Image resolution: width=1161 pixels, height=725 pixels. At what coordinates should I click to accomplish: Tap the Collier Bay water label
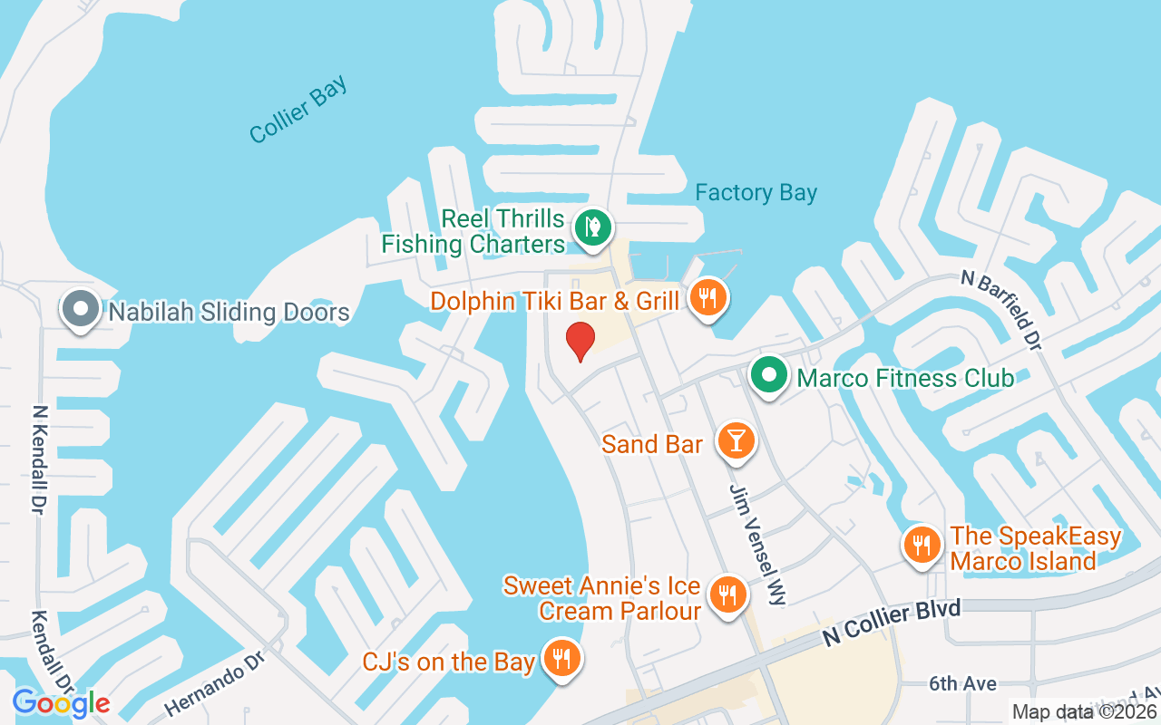tap(298, 111)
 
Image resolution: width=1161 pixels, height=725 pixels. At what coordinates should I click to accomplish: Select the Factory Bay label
tap(756, 193)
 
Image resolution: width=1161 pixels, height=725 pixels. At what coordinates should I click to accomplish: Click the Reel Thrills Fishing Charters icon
tap(593, 226)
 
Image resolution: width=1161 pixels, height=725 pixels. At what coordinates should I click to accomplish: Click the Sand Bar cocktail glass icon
tap(736, 441)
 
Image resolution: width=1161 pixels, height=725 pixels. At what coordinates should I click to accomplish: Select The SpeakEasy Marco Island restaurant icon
tap(922, 546)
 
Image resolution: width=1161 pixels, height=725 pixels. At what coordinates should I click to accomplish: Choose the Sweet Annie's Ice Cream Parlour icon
tap(727, 595)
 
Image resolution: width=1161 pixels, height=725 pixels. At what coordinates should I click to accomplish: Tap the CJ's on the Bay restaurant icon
tap(562, 659)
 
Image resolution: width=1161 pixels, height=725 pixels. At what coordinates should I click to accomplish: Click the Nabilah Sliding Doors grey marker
tap(81, 309)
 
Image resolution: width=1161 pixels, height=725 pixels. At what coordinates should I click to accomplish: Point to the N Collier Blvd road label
tap(891, 623)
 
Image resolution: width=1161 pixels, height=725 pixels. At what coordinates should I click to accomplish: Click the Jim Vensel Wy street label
tap(758, 543)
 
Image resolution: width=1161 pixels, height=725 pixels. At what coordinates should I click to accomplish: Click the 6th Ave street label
tap(962, 683)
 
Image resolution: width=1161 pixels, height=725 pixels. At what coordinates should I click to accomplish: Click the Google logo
tap(61, 703)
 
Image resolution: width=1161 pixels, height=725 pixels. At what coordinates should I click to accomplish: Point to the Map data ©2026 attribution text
tap(1085, 712)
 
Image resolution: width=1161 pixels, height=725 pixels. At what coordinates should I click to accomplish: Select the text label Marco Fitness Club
tap(904, 378)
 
